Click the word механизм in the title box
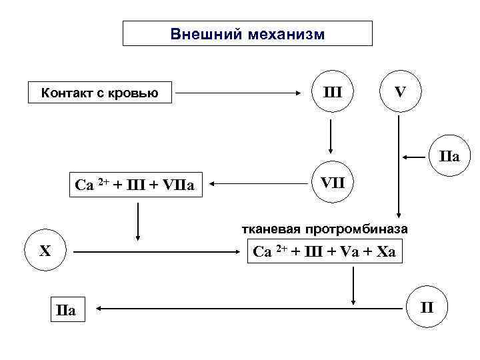pyautogui.click(x=283, y=33)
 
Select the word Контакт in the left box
pyautogui.click(x=67, y=93)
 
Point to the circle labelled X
pyautogui.click(x=45, y=251)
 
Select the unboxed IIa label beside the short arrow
pyautogui.click(x=449, y=157)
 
